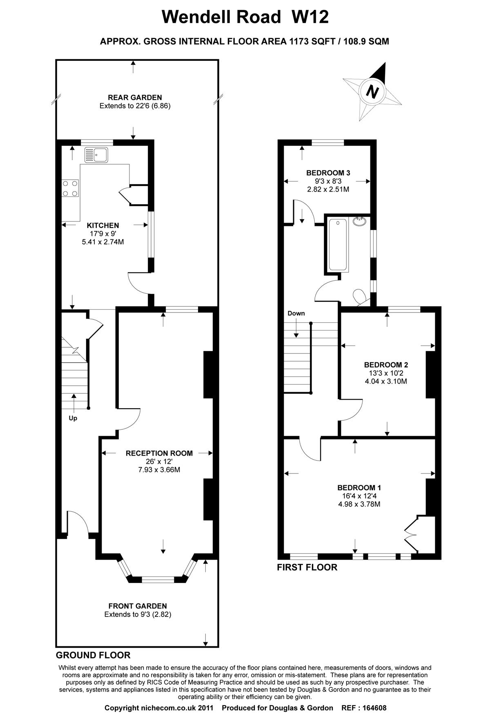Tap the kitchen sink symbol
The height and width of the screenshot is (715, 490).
96,155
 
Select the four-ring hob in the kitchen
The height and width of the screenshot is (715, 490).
70,188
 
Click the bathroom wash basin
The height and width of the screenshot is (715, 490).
359,221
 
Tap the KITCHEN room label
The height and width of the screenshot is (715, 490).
103,225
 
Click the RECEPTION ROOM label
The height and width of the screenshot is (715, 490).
159,453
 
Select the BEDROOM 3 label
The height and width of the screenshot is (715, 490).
328,173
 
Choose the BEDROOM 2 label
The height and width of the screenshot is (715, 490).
386,365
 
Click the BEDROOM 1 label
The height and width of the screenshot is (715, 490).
359,487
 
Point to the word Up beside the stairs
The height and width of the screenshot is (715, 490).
73,418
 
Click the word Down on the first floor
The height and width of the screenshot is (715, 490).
296,313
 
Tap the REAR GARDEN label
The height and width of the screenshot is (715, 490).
135,97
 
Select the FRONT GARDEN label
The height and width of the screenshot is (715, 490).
138,606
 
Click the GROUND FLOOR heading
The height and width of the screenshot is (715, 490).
93,655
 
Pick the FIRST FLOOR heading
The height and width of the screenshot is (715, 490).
307,567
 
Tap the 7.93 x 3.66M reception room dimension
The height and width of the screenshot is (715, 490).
159,470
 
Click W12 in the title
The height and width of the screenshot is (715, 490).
310,18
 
